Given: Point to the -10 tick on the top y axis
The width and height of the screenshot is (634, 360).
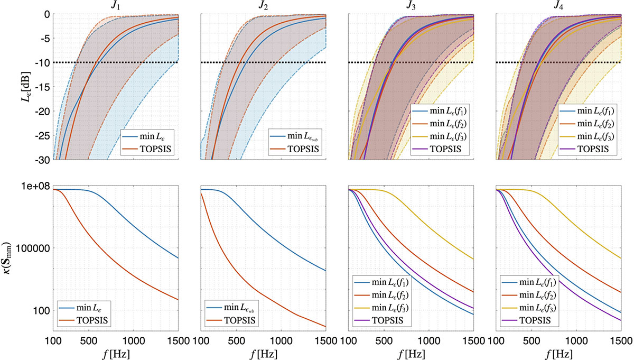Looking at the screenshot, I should (x=42, y=62).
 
